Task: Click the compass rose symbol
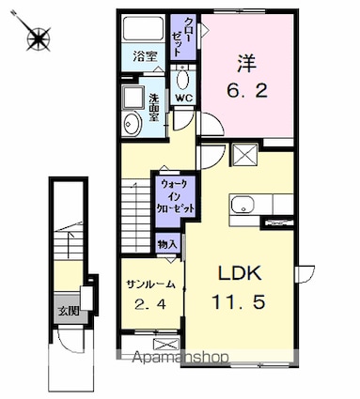pyautogui.click(x=39, y=38)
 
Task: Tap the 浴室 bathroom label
pyautogui.click(x=145, y=57)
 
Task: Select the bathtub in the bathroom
pyautogui.click(x=143, y=28)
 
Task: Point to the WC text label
pyautogui.click(x=183, y=99)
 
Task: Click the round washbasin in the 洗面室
pyautogui.click(x=130, y=124)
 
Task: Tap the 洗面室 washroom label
pyautogui.click(x=154, y=108)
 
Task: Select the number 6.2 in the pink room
pyautogui.click(x=247, y=91)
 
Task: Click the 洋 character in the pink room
pyautogui.click(x=246, y=64)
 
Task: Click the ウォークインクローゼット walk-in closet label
pyautogui.click(x=176, y=196)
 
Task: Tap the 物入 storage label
pyautogui.click(x=168, y=244)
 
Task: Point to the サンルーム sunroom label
pyautogui.click(x=150, y=284)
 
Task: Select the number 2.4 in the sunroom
pyautogui.click(x=149, y=304)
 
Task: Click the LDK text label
pyautogui.click(x=240, y=273)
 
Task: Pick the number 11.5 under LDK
pyautogui.click(x=240, y=302)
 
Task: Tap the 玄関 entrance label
pyautogui.click(x=69, y=311)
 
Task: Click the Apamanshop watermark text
pyautogui.click(x=180, y=357)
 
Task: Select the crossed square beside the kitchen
pyautogui.click(x=244, y=155)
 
